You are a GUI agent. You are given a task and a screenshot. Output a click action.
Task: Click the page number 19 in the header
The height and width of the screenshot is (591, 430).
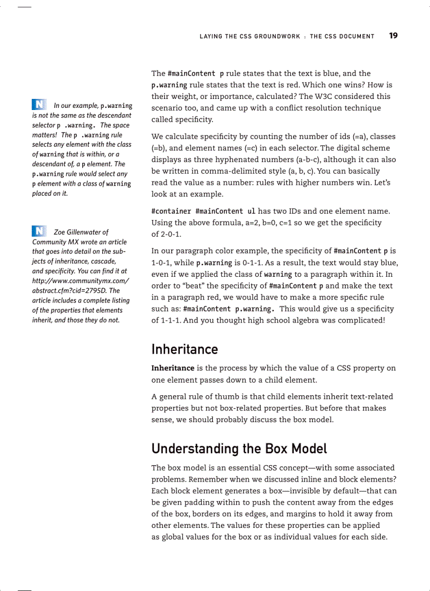pos(393,36)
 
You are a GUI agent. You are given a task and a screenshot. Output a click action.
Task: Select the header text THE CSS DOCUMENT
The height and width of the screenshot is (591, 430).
pos(342,36)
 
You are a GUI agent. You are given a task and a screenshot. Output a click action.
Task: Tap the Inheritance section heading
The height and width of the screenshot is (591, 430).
pos(184,349)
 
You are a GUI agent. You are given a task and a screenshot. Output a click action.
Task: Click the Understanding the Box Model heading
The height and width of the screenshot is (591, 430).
pos(239,448)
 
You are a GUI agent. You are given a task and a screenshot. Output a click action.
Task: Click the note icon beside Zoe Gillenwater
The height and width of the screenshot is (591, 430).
pos(40,231)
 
